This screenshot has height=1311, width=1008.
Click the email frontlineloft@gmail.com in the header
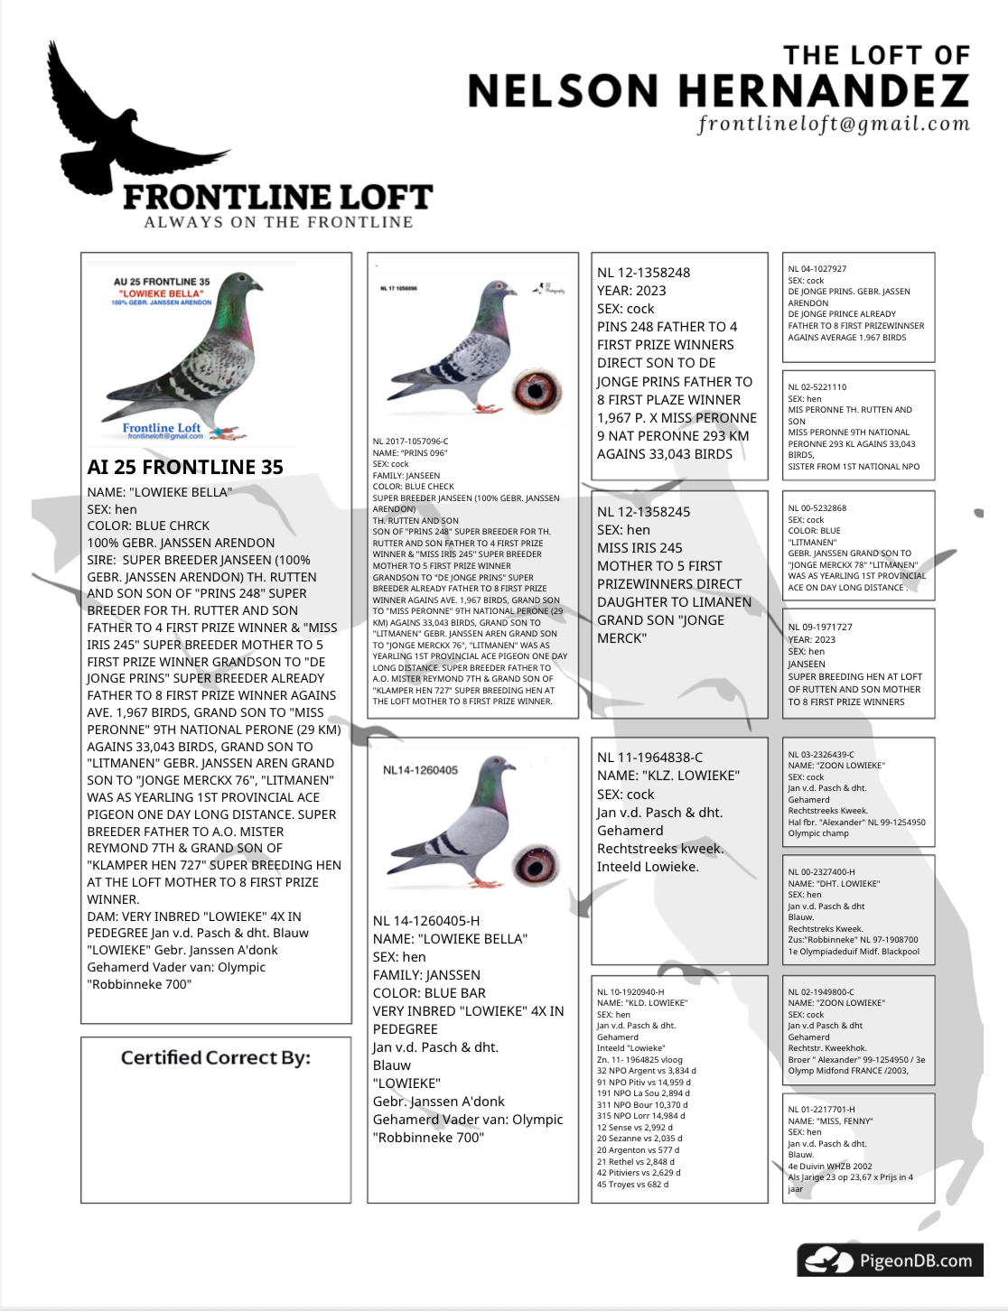pos(833,124)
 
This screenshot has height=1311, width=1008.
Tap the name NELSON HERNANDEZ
pos(718,91)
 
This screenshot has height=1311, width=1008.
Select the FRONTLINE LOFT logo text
pos(277,197)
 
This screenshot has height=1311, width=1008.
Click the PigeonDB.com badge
pos(889,1260)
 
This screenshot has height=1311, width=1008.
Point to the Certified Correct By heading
pos(215,1057)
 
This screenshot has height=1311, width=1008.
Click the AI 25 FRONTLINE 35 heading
pos(185,467)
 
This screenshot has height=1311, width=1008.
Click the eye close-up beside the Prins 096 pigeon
pos(536,391)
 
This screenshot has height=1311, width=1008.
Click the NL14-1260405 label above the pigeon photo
pos(420,770)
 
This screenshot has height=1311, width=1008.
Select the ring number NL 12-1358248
pos(643,273)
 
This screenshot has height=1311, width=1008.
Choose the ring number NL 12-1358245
pos(643,512)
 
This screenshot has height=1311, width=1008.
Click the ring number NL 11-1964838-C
pos(649,758)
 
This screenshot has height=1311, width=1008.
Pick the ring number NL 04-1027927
pos(817,269)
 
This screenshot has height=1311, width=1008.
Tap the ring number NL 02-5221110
pos(817,387)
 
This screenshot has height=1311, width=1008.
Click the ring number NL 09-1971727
pos(819,627)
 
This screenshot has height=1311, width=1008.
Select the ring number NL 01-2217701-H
pos(821,1110)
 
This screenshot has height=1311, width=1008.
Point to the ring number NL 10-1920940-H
pos(630,992)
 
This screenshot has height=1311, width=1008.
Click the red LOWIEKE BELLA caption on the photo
pos(162,293)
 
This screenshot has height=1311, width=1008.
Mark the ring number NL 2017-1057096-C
pos(410,442)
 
